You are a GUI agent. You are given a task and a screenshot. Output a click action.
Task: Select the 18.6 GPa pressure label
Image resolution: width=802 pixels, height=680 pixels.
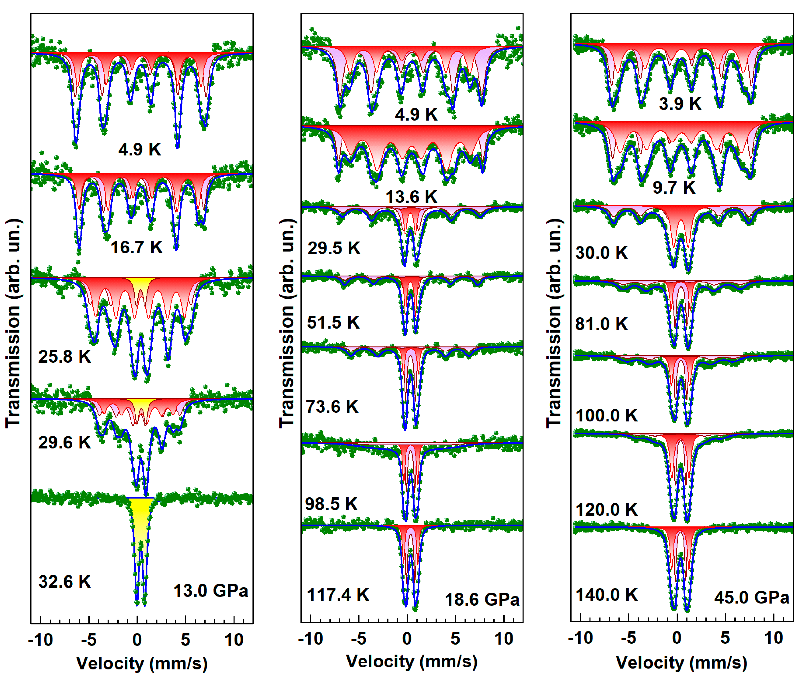[x=482, y=599]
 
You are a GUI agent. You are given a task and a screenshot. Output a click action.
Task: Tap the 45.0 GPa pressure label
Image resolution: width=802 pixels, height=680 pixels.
[x=752, y=598]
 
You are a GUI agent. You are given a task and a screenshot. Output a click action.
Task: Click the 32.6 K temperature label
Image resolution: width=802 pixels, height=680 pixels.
[x=65, y=582]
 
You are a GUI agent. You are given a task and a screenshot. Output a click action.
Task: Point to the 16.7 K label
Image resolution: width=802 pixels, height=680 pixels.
[x=136, y=247]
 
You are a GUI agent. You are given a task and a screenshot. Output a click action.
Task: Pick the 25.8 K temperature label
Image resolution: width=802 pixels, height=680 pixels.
[x=65, y=356]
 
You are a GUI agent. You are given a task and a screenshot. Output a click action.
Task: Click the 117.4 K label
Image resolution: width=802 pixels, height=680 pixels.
[x=338, y=595]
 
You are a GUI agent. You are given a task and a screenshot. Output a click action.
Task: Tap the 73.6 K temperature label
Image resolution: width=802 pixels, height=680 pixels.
[x=332, y=407]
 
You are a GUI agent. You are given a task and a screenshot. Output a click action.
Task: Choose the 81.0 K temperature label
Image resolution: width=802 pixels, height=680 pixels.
[x=601, y=324]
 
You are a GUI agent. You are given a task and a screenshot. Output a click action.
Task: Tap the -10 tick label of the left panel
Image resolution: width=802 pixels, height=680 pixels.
[x=41, y=640]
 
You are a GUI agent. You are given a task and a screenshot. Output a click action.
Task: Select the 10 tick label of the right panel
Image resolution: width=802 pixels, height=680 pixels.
[x=774, y=638]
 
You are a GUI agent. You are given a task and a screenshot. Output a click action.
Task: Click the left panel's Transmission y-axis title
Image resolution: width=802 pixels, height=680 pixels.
[x=14, y=324]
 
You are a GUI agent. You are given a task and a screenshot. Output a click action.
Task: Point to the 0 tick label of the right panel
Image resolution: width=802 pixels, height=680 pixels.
[x=677, y=638]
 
